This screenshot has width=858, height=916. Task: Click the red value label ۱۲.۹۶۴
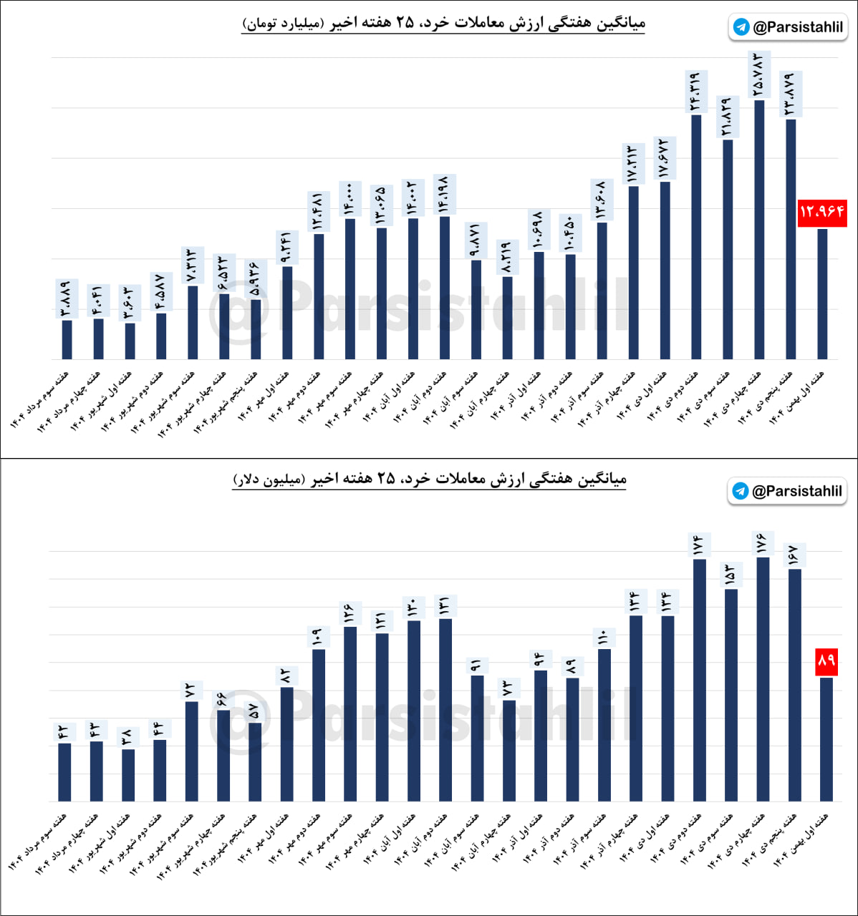click(822, 213)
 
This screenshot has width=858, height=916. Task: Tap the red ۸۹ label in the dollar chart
click(826, 661)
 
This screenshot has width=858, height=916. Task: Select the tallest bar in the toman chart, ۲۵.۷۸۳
click(759, 229)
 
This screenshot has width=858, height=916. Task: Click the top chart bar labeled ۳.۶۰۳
click(130, 341)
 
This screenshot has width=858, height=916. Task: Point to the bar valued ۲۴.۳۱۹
click(696, 236)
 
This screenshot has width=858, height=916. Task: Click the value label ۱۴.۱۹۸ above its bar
click(444, 194)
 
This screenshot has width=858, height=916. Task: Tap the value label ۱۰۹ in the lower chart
click(317, 636)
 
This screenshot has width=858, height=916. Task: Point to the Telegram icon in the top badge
click(742, 27)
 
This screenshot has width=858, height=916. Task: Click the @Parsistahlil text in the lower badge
click(796, 491)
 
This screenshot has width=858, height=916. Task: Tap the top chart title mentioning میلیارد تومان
click(444, 23)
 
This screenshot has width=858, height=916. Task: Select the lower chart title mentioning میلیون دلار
click(430, 478)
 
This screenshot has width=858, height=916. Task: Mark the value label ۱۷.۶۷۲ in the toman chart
click(665, 159)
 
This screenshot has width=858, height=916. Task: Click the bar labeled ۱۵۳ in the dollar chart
click(731, 694)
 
